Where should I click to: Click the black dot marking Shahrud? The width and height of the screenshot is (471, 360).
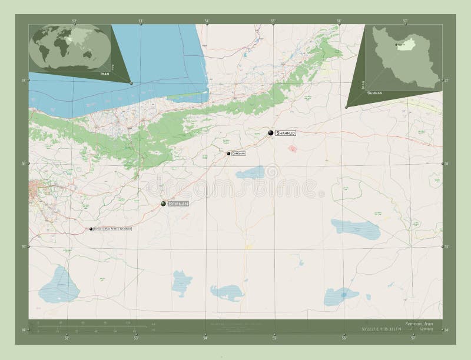271,134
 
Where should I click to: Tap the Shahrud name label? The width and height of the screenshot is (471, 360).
285,134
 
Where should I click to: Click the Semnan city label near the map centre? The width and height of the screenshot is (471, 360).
178,204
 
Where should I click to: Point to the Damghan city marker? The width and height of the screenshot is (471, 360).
228,154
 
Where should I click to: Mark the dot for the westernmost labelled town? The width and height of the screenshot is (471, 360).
91,229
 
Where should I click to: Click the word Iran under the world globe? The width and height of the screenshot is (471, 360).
105,74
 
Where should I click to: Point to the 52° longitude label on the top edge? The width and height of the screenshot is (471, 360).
74,22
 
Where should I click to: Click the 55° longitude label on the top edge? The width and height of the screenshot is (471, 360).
273,22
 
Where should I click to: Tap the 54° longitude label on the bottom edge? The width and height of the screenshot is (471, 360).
205,338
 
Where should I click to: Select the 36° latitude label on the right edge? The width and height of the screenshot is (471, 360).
447,164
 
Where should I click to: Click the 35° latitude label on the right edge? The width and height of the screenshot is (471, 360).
447,247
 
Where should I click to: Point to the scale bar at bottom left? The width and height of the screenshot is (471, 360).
88,327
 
